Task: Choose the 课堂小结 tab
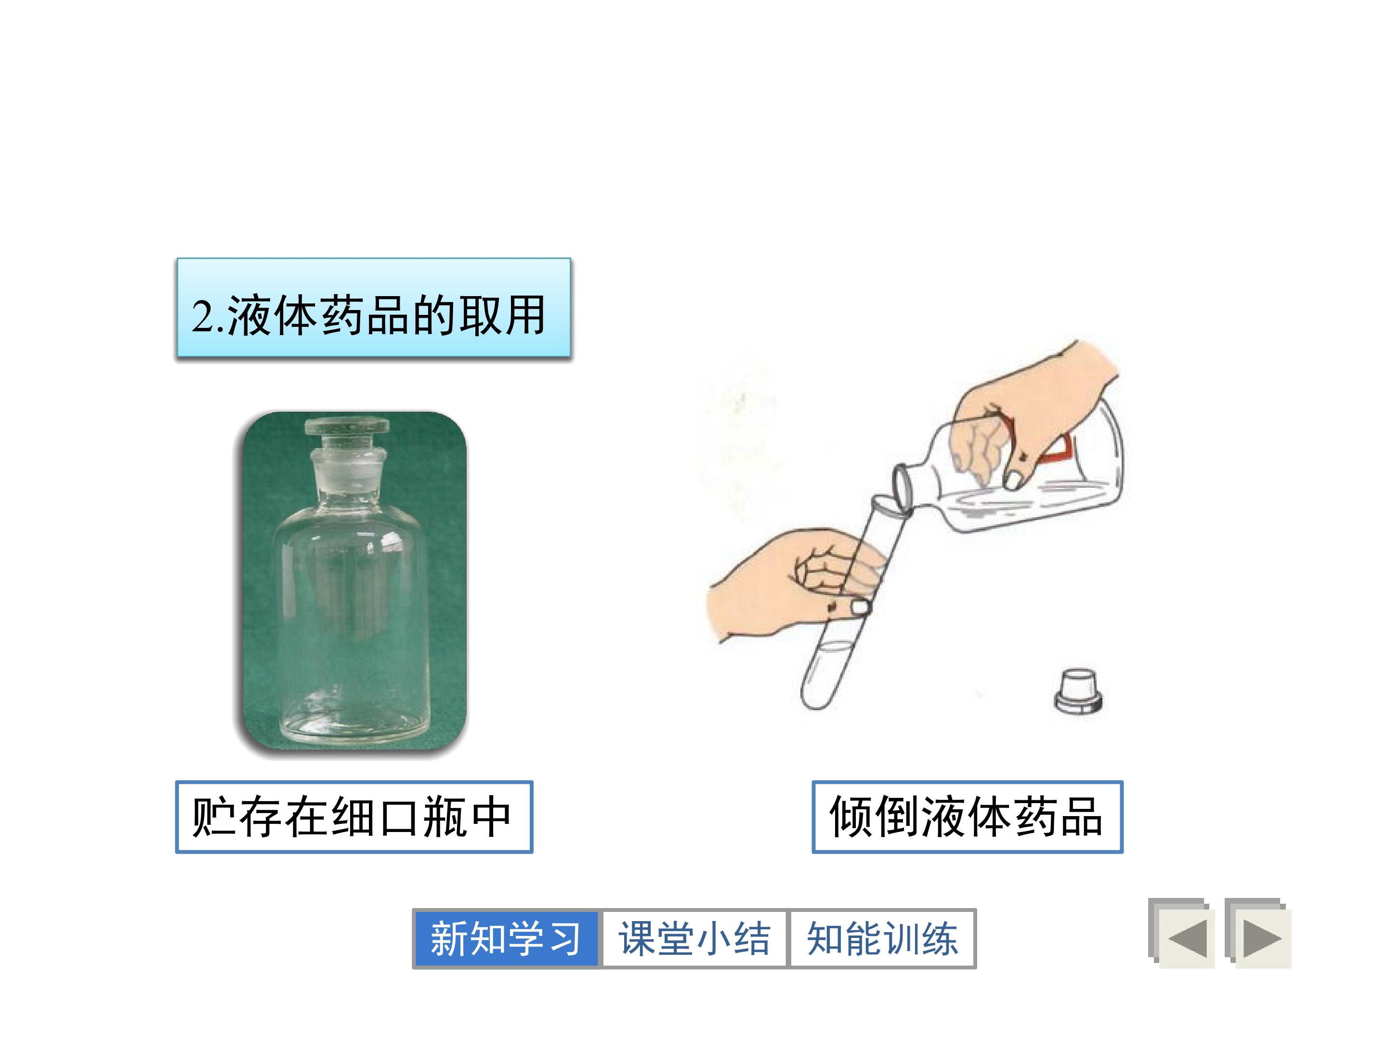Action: (x=694, y=938)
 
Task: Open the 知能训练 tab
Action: (x=882, y=938)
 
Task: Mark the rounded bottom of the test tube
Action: (x=817, y=696)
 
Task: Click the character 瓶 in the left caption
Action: (x=444, y=817)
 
